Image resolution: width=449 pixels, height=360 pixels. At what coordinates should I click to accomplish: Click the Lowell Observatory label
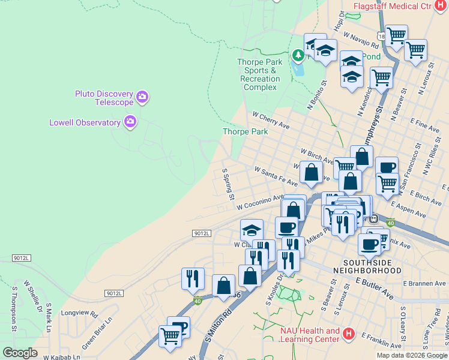[x=85, y=122]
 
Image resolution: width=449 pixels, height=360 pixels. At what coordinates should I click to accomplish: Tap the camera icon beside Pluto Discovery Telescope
[x=142, y=96]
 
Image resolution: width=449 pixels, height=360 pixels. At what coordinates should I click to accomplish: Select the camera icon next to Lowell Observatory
[x=130, y=122]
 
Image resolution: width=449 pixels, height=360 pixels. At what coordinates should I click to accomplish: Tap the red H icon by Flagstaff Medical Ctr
[x=439, y=5]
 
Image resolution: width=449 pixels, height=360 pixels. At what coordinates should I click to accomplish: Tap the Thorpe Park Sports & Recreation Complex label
[x=260, y=74]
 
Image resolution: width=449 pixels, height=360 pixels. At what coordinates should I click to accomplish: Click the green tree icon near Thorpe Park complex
[x=298, y=56]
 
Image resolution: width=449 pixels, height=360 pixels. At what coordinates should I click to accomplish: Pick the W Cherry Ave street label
[x=271, y=119]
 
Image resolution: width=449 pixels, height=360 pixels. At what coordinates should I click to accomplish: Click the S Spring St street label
[x=228, y=184]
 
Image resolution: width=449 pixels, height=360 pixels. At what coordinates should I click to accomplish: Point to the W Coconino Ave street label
[x=259, y=202]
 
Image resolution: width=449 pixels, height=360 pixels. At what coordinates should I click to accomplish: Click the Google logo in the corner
[x=19, y=353]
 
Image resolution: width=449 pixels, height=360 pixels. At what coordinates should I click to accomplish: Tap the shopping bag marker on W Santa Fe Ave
[x=311, y=173]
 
